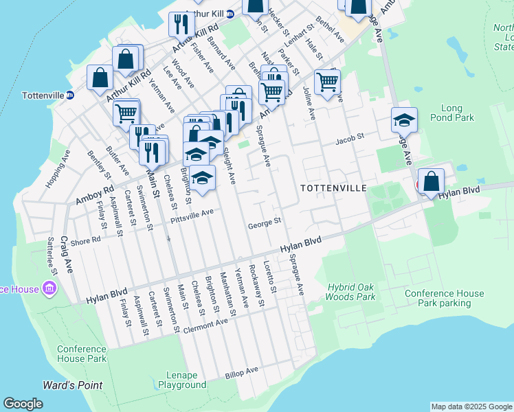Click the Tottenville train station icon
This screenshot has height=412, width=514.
(x=69, y=95)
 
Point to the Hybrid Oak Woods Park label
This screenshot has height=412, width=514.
(x=351, y=292)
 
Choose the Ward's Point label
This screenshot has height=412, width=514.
(x=72, y=385)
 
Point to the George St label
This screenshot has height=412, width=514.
(x=265, y=222)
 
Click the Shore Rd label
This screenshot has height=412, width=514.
(x=85, y=241)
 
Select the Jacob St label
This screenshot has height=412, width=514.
(x=348, y=141)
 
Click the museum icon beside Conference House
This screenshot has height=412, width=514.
(x=49, y=289)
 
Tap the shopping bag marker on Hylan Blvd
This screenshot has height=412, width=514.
(x=431, y=182)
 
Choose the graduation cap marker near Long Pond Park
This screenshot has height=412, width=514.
(x=404, y=119)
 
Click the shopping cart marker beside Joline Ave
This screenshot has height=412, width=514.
(x=327, y=82)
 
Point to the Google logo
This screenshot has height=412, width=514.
(x=23, y=404)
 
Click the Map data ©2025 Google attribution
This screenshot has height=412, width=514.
(x=471, y=407)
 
